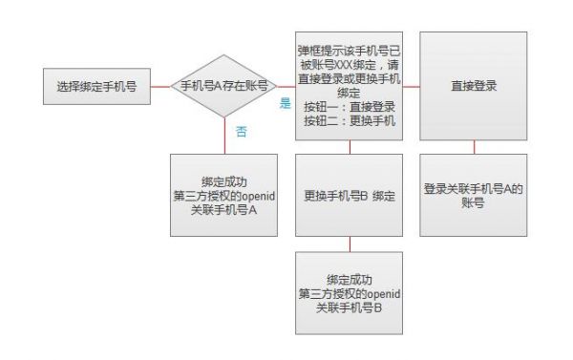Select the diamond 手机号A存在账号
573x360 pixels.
pos(224,86)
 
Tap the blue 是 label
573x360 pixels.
pos(285,103)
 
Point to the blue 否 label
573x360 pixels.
pos(241,132)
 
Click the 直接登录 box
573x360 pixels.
pos(475,86)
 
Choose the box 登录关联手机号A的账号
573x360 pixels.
pos(474,196)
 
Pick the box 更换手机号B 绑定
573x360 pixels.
pos(350,196)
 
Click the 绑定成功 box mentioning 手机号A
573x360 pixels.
pos(224,196)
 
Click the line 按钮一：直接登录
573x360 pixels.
pos(348,108)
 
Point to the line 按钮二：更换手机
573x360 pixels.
pos(348,121)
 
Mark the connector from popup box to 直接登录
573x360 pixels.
pos(412,86)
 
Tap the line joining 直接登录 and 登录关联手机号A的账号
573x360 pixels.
pos(475,147)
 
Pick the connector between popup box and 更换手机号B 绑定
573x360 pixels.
pos(350,147)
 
